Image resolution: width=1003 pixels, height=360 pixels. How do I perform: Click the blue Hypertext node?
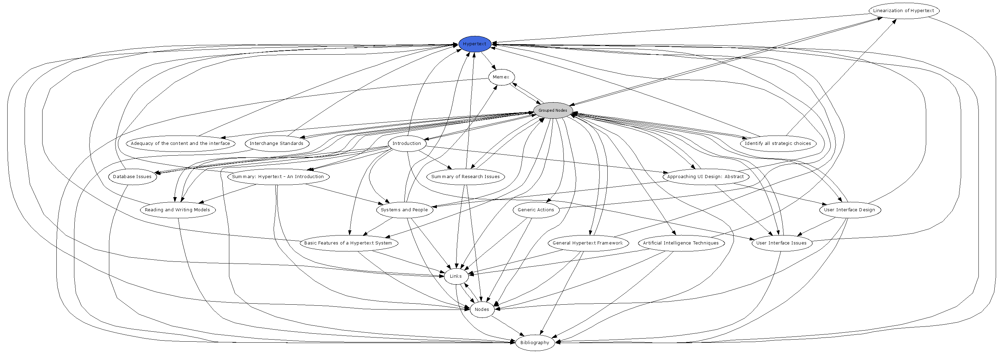pos(474,44)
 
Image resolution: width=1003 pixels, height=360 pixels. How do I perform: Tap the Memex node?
pos(501,77)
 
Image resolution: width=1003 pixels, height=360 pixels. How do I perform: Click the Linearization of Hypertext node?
pos(903,10)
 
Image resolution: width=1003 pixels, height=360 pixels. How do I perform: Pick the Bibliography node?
pos(535,342)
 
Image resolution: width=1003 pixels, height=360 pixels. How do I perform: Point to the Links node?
pos(456,276)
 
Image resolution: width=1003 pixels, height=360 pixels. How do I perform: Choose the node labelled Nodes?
pos(482,310)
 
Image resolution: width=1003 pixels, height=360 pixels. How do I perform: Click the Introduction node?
pos(406,143)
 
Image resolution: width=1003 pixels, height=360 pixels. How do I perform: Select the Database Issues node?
pos(132,177)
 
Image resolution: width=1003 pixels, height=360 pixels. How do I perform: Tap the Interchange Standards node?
pos(276,143)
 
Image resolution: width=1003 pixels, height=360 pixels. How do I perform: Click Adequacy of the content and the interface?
pos(180,143)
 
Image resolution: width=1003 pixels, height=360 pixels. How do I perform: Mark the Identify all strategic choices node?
pos(777,143)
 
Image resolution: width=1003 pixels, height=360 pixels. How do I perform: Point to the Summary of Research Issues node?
pos(465,177)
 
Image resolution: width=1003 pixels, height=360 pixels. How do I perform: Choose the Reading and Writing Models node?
pos(177,210)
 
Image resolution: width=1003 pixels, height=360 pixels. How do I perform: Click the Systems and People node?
pos(404,210)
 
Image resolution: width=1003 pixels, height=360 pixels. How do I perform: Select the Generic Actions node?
pos(536,210)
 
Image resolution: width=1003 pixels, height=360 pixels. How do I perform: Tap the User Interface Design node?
pos(849,210)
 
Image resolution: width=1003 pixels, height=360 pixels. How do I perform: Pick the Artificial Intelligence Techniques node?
pos(681,243)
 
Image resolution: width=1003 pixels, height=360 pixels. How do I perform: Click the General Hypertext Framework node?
pos(588,243)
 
